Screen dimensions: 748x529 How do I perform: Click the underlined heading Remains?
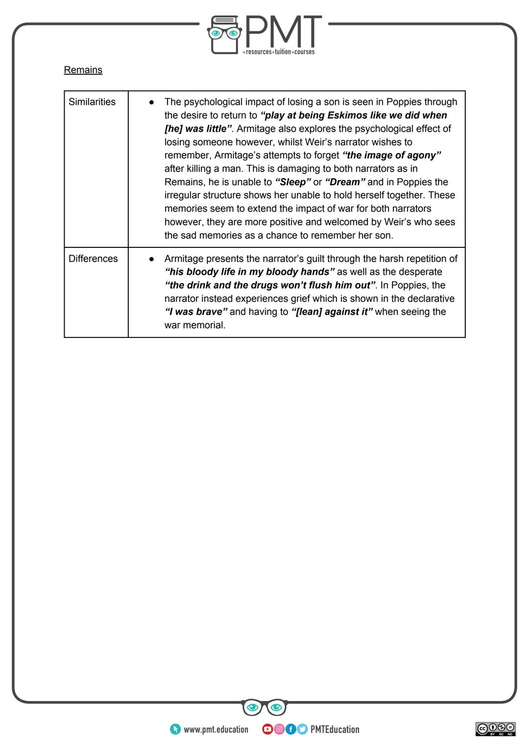click(x=83, y=70)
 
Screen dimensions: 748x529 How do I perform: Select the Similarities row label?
click(x=92, y=102)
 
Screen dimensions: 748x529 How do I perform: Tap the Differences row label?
click(x=93, y=259)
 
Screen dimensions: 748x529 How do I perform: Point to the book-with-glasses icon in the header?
click(x=225, y=34)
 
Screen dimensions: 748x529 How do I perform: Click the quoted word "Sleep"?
click(x=293, y=182)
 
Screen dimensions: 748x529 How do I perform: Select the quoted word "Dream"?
click(x=345, y=182)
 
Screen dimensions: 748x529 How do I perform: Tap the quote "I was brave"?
click(x=196, y=312)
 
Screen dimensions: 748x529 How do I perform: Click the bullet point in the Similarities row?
click(x=152, y=102)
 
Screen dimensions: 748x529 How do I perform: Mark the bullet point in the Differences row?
click(x=152, y=259)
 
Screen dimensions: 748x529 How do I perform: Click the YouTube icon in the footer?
click(x=267, y=729)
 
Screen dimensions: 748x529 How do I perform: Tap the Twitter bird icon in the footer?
click(x=302, y=729)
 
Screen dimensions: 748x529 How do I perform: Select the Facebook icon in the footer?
click(x=290, y=729)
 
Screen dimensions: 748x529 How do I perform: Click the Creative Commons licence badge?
click(x=495, y=729)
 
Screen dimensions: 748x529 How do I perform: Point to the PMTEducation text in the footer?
click(x=335, y=730)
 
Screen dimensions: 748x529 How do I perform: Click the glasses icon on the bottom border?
click(x=264, y=707)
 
